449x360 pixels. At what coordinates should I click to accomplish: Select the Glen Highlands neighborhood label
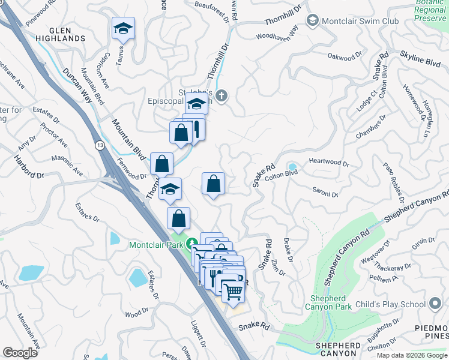click(59, 34)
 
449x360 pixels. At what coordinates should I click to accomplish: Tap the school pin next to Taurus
click(123, 29)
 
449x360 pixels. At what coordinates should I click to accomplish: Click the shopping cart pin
click(234, 292)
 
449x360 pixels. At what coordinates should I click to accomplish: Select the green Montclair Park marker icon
click(192, 244)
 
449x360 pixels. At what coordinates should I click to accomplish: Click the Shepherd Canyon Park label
click(328, 302)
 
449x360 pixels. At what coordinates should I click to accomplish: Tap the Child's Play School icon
click(435, 304)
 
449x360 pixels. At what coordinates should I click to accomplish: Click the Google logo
click(20, 353)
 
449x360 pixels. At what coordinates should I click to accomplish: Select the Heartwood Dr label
click(329, 162)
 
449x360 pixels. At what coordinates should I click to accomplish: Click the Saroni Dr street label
click(325, 194)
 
